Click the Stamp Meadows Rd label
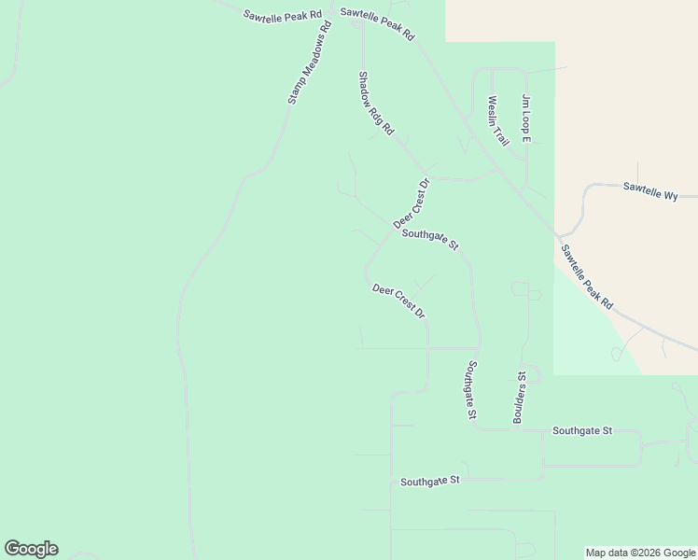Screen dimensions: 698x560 310,63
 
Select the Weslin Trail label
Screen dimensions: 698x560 497,120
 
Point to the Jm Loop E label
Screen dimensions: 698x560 525,119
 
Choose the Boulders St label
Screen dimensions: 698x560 520,399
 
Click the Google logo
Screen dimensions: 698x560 31,549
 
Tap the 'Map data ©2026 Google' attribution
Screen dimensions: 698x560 639,553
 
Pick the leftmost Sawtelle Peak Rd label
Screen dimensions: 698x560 282,16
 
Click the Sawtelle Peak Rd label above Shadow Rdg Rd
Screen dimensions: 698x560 377,23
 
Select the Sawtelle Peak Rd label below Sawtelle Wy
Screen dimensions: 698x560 587,276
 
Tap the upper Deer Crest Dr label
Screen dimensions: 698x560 411,203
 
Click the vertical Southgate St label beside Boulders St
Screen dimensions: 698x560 473,389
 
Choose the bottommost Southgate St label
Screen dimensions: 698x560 430,481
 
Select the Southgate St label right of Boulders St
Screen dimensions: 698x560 581,431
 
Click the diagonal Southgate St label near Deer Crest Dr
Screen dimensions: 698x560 430,240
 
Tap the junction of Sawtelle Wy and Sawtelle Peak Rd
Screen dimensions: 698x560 556,233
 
